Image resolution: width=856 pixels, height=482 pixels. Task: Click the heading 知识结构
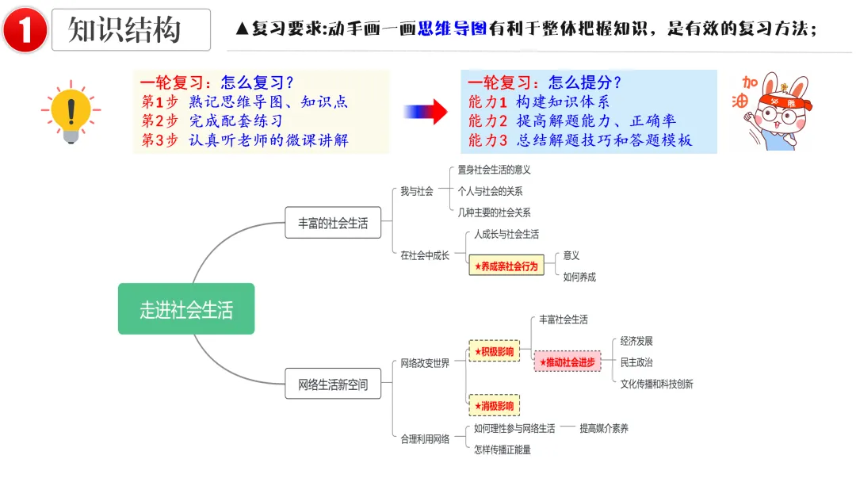coord(124,30)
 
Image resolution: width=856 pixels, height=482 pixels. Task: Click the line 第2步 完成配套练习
coord(212,120)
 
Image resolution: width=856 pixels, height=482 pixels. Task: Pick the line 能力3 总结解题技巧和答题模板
coord(580,140)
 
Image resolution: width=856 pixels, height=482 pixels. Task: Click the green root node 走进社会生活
coord(186,309)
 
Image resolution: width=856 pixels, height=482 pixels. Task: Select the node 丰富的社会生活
coord(333,223)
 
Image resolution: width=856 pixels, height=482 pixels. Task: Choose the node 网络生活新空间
coord(333,384)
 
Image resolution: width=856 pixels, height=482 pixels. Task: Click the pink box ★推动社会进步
coord(567,362)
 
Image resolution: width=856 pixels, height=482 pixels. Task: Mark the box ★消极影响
coord(494,406)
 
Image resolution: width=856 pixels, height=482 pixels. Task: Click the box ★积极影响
coord(494,351)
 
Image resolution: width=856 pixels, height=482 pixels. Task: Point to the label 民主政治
coord(636,362)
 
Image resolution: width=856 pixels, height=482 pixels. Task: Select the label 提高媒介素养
coord(603,428)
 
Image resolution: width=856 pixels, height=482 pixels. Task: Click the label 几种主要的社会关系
coord(494,212)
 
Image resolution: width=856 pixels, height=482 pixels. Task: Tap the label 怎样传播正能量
coord(502,449)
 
